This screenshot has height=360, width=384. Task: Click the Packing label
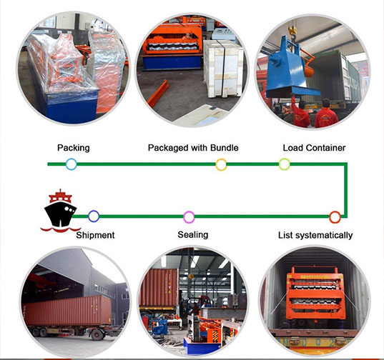(x=74, y=148)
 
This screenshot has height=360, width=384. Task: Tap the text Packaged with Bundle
(x=193, y=148)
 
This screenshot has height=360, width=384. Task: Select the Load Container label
(x=314, y=148)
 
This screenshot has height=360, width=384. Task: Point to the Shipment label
(x=95, y=235)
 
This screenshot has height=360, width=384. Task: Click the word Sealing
(x=193, y=235)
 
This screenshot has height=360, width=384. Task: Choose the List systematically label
(x=315, y=235)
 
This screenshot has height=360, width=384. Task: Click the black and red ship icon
(x=59, y=211)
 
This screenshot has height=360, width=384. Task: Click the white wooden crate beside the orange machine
(x=223, y=69)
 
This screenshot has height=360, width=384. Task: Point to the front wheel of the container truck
(x=97, y=334)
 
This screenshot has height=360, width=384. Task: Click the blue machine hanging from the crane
(x=289, y=69)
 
